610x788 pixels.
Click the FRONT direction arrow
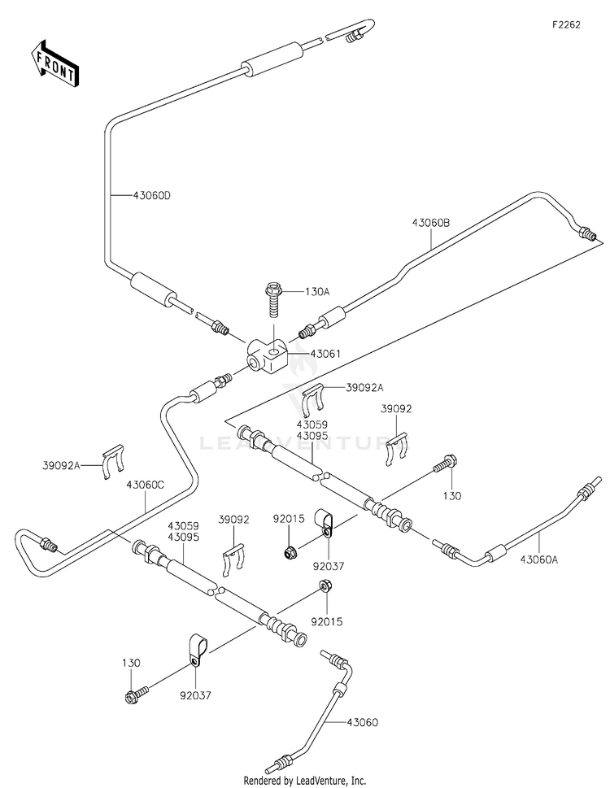[53, 63]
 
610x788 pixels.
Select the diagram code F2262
[566, 24]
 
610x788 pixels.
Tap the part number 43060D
[152, 195]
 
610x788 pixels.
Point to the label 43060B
[431, 223]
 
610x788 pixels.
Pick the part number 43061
[325, 354]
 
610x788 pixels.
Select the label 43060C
[146, 485]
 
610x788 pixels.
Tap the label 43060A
[538, 559]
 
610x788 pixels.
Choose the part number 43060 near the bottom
[362, 723]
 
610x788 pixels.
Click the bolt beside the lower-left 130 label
[136, 694]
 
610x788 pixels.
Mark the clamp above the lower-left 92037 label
[197, 651]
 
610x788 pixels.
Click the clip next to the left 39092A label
[113, 461]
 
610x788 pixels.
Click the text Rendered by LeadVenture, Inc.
[304, 781]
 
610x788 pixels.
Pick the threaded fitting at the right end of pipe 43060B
[586, 233]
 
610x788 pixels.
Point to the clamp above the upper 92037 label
[323, 524]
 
